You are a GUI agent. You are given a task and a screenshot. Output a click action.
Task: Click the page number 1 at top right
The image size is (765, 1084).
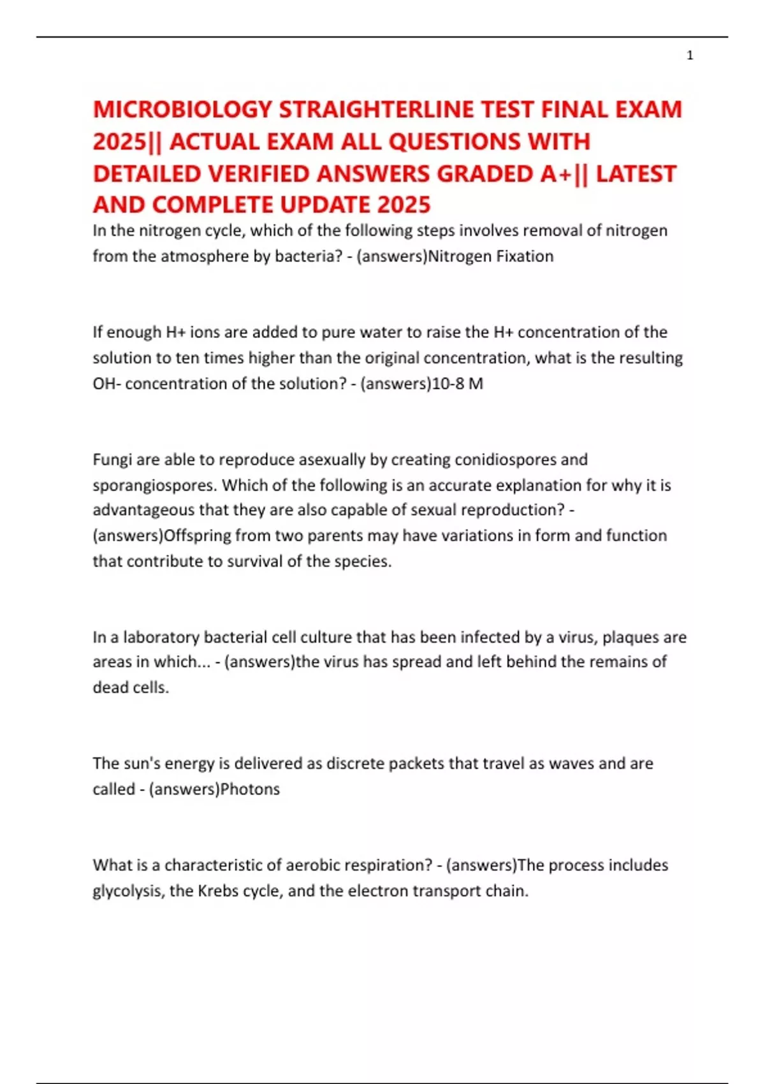(x=690, y=55)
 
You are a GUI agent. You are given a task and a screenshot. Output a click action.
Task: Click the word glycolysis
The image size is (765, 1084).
(x=128, y=891)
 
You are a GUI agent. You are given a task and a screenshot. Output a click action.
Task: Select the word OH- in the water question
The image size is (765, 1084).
(x=106, y=384)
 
